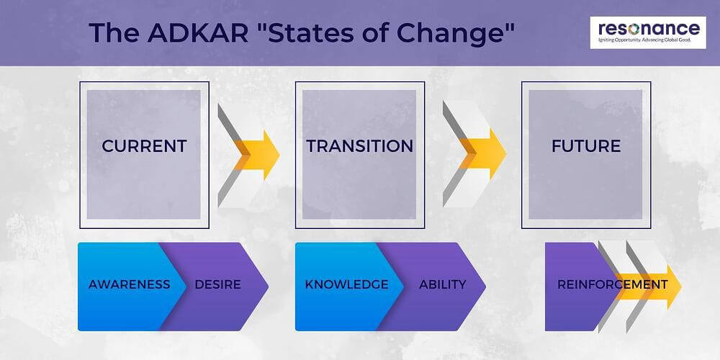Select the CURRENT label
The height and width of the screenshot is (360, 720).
[x=144, y=145]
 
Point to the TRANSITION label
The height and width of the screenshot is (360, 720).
[x=359, y=145]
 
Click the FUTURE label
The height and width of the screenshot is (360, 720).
[x=585, y=145]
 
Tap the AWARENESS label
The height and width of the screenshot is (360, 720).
[x=129, y=284]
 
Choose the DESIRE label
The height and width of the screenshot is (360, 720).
[x=217, y=284]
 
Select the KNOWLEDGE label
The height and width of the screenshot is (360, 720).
[x=346, y=284]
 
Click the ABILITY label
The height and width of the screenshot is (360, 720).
[x=442, y=284]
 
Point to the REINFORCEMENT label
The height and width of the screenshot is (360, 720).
[x=612, y=284]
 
